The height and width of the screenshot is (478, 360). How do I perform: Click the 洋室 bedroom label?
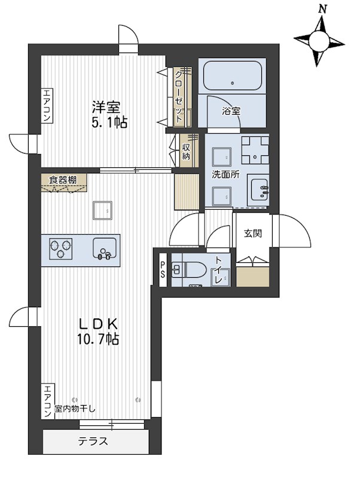(x=106, y=108)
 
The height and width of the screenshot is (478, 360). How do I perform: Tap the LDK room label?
(x=99, y=324)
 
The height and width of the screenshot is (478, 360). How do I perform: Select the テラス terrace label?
(x=93, y=441)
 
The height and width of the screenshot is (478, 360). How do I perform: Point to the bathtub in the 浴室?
(x=233, y=76)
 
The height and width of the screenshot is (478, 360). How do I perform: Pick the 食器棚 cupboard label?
(x=63, y=180)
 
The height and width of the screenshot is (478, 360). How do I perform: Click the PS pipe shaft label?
(x=163, y=270)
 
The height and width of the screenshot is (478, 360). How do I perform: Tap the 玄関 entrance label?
(x=253, y=234)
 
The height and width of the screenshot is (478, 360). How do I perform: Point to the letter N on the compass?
(x=322, y=10)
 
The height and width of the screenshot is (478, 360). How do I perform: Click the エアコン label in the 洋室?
(x=47, y=106)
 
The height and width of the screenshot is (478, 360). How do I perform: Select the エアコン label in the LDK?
(x=47, y=402)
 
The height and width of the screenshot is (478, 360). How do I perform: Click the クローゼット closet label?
(x=179, y=97)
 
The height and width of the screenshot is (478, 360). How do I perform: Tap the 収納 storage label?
(x=186, y=152)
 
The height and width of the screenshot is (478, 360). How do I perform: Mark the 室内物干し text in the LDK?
(x=75, y=409)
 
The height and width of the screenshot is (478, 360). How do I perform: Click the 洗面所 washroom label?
(x=226, y=174)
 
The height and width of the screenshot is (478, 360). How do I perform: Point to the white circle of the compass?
(x=319, y=41)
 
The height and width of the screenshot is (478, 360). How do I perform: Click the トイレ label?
(x=218, y=270)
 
